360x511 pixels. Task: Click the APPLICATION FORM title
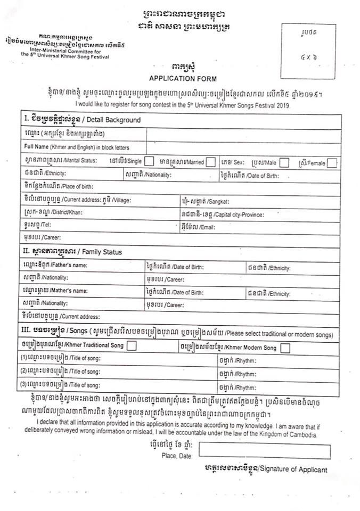click(x=183, y=79)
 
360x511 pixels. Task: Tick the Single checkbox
click(x=150, y=161)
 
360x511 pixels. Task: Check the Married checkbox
click(x=211, y=161)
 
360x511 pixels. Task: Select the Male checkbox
click(x=284, y=162)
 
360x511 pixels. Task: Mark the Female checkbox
click(x=332, y=163)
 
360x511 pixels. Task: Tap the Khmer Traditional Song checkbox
click(x=132, y=346)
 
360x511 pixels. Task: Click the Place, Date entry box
click(x=264, y=450)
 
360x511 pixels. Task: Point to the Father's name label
click(x=55, y=265)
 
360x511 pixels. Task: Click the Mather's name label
click(x=55, y=291)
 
